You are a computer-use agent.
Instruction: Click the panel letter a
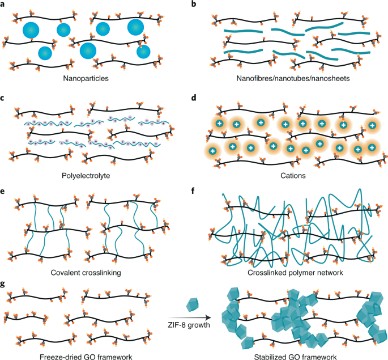point(4,5)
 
